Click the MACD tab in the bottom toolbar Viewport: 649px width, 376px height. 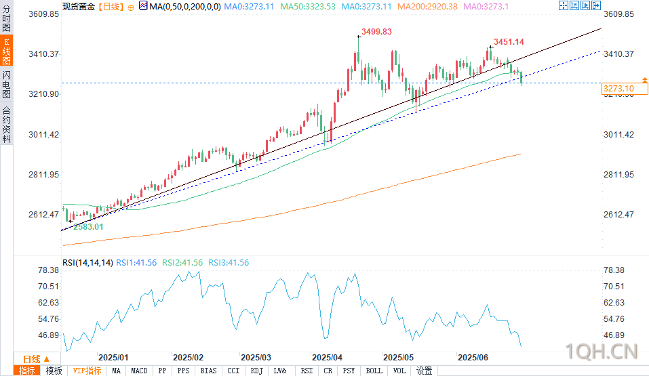[139, 371]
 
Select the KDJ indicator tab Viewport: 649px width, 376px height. [257, 371]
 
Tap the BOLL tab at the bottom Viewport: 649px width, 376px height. [374, 371]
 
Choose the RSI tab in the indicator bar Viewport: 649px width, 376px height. [307, 371]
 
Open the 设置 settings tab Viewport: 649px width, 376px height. [424, 371]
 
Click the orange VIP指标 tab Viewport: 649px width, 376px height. [87, 371]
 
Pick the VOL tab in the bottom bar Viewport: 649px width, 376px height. [399, 371]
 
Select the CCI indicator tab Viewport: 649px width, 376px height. [233, 371]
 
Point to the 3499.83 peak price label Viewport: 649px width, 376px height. [377, 31]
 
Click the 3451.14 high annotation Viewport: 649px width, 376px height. [509, 42]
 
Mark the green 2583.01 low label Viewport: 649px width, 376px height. [88, 227]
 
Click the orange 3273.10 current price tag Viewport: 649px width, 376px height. [618, 89]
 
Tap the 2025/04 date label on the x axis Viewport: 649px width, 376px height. [327, 357]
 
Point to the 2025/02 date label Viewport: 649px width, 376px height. [188, 357]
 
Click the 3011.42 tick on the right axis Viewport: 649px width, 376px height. [618, 135]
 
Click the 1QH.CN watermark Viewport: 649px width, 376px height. [603, 352]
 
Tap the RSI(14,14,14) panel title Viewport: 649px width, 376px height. [86, 262]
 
